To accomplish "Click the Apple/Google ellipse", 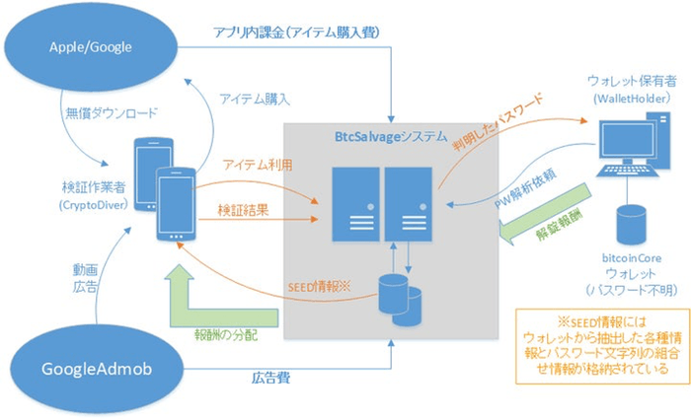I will (x=92, y=45).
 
